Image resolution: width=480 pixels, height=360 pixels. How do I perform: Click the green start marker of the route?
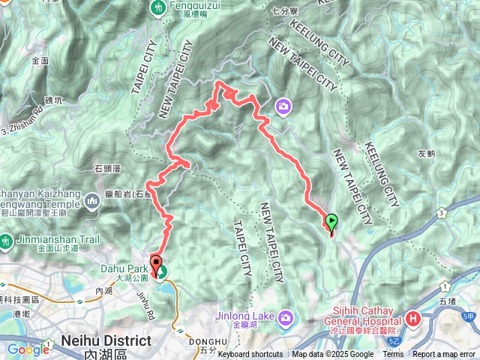(x=331, y=221)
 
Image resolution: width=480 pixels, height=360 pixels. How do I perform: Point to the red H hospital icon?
(x=412, y=319)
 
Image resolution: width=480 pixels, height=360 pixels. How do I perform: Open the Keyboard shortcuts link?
(x=250, y=355)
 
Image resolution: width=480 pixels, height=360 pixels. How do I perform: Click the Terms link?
(x=393, y=355)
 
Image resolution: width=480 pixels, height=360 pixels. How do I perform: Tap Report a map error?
(x=445, y=355)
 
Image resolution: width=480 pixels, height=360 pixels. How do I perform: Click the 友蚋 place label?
(x=426, y=154)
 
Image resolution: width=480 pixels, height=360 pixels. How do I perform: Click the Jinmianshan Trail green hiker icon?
(x=7, y=242)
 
